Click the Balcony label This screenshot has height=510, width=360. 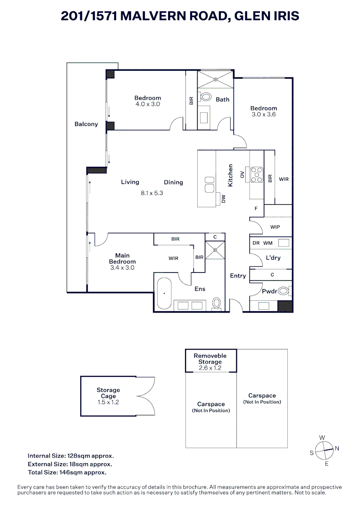point(86,124)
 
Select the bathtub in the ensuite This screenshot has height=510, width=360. point(164,294)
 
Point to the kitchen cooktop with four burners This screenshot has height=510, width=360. point(257,174)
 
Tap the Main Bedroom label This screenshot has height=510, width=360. point(122,259)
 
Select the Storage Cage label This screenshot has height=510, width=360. point(109,393)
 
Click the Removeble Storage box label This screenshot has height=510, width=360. point(210,359)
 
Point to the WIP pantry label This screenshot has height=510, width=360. point(275,227)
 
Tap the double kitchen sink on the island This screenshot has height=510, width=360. point(209,185)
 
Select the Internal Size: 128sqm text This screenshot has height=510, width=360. point(71,456)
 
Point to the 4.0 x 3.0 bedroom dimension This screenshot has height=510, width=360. point(148,104)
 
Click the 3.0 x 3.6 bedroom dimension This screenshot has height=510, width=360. point(263,114)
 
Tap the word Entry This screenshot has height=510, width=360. point(238,276)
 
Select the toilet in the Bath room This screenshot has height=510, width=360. point(206,97)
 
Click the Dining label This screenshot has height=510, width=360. point(173,182)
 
